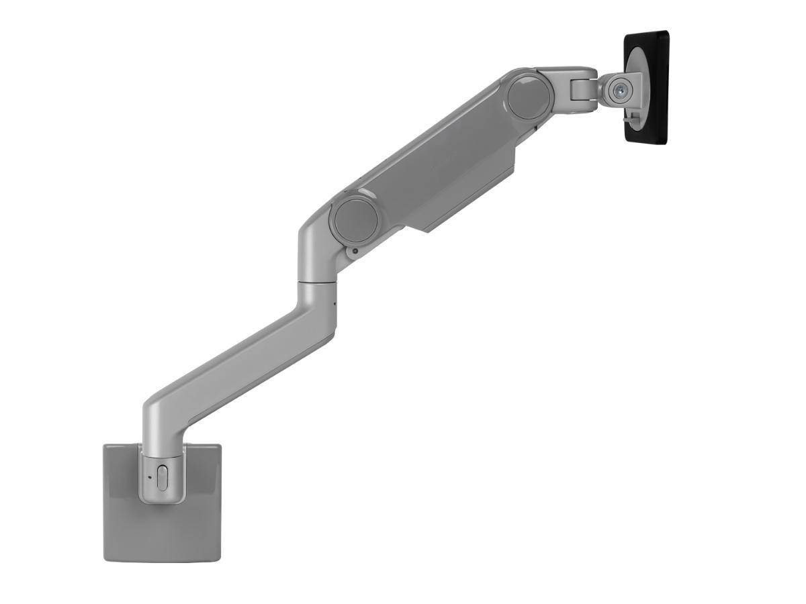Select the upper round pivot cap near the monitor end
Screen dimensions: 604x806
click(x=530, y=97)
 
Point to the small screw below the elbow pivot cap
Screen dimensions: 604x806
click(x=354, y=252)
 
